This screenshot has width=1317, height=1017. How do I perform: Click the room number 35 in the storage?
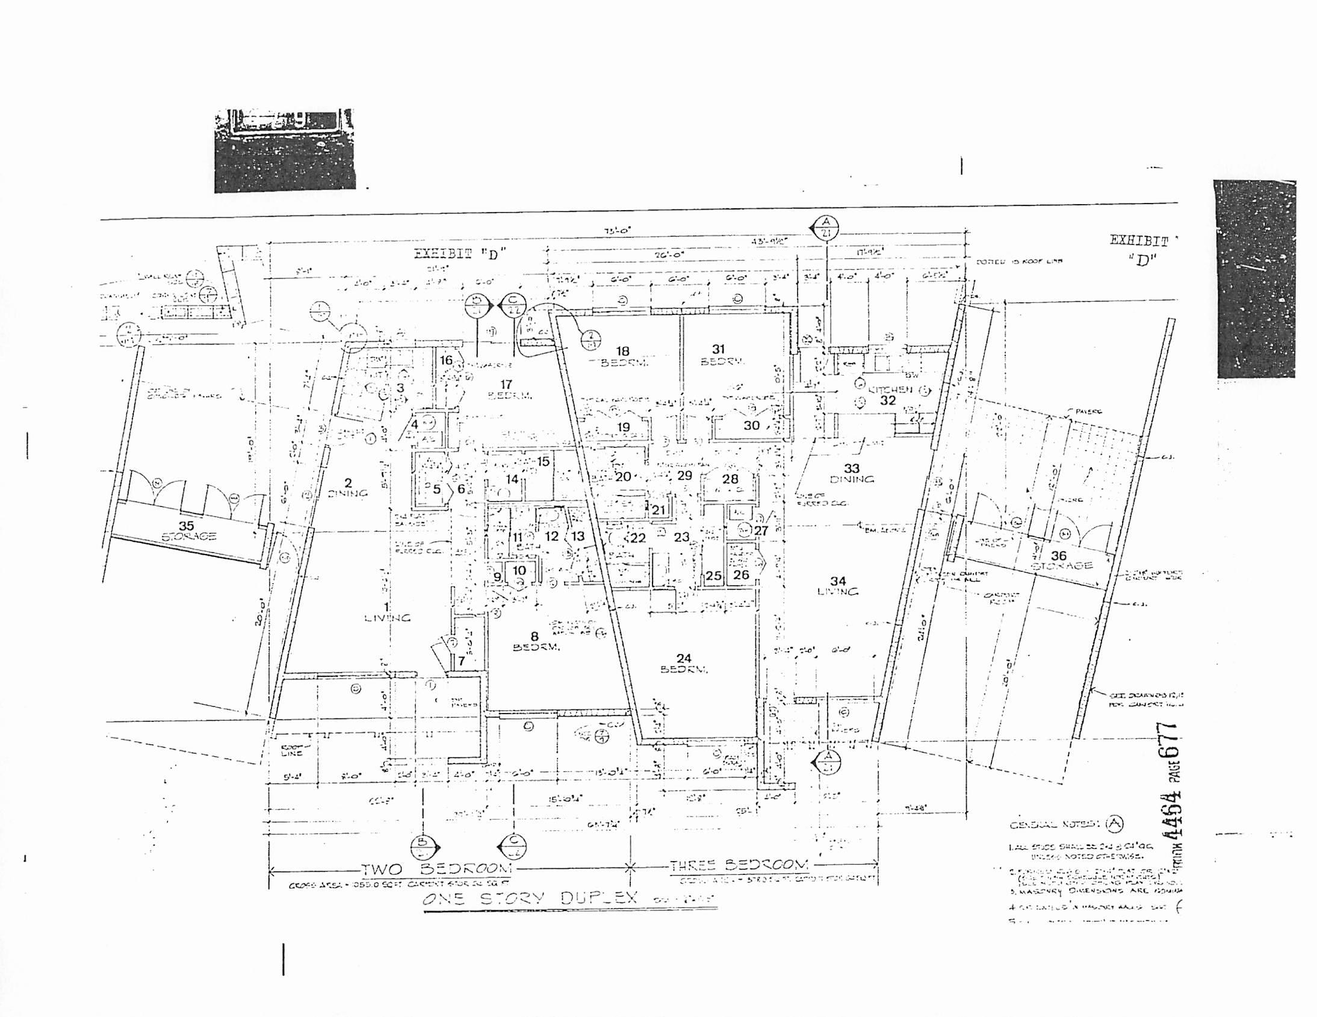[x=187, y=527]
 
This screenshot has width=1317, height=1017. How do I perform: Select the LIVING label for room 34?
[x=838, y=592]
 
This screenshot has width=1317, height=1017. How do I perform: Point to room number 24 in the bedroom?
[x=684, y=658]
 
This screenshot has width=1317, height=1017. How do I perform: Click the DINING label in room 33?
[x=852, y=479]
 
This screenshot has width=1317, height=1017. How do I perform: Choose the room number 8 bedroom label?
[x=535, y=636]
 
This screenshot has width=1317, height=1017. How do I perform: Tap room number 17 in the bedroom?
[x=507, y=384]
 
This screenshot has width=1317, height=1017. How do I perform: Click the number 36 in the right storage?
[x=1059, y=556]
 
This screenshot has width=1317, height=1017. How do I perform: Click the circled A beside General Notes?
[x=1114, y=823]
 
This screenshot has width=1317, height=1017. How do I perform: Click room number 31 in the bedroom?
[x=718, y=349]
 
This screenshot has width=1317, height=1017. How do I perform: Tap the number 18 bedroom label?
[x=622, y=350]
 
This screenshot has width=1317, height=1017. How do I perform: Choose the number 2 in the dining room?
[x=348, y=482]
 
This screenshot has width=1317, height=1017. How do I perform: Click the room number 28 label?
[x=730, y=479]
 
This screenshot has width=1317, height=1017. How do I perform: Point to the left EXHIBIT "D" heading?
[x=459, y=254]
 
